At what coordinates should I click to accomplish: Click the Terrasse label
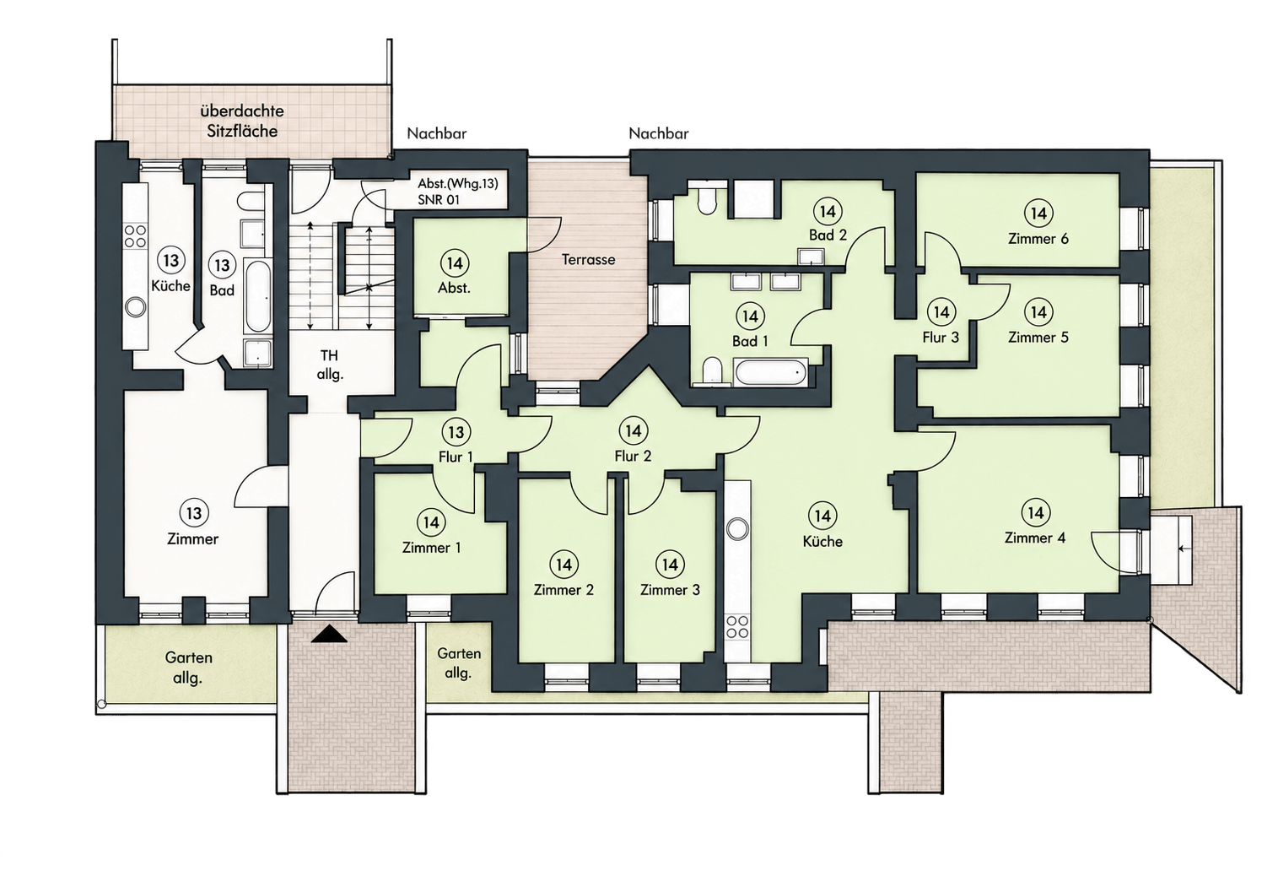click(x=588, y=260)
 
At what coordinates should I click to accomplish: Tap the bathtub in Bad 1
click(x=771, y=373)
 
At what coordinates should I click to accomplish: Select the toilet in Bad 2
click(x=707, y=200)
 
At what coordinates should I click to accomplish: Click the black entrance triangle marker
click(x=329, y=634)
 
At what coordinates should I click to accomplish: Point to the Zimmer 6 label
click(x=1038, y=239)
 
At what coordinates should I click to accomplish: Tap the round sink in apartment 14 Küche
click(x=738, y=529)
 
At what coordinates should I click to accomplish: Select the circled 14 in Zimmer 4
click(x=1036, y=512)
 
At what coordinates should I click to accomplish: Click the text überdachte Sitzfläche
click(x=242, y=121)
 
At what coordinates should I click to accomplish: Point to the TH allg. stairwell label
click(x=329, y=365)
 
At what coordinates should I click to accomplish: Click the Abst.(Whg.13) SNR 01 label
click(x=457, y=192)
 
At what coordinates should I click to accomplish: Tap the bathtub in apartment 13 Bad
click(x=257, y=295)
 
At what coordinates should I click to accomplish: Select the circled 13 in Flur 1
click(x=456, y=432)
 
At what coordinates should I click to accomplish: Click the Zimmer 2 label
click(x=564, y=590)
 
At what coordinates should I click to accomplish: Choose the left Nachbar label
click(x=436, y=133)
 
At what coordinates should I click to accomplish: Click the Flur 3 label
click(x=941, y=338)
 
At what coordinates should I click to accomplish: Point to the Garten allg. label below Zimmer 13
click(x=188, y=668)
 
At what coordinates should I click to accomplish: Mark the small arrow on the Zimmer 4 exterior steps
click(x=1185, y=549)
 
